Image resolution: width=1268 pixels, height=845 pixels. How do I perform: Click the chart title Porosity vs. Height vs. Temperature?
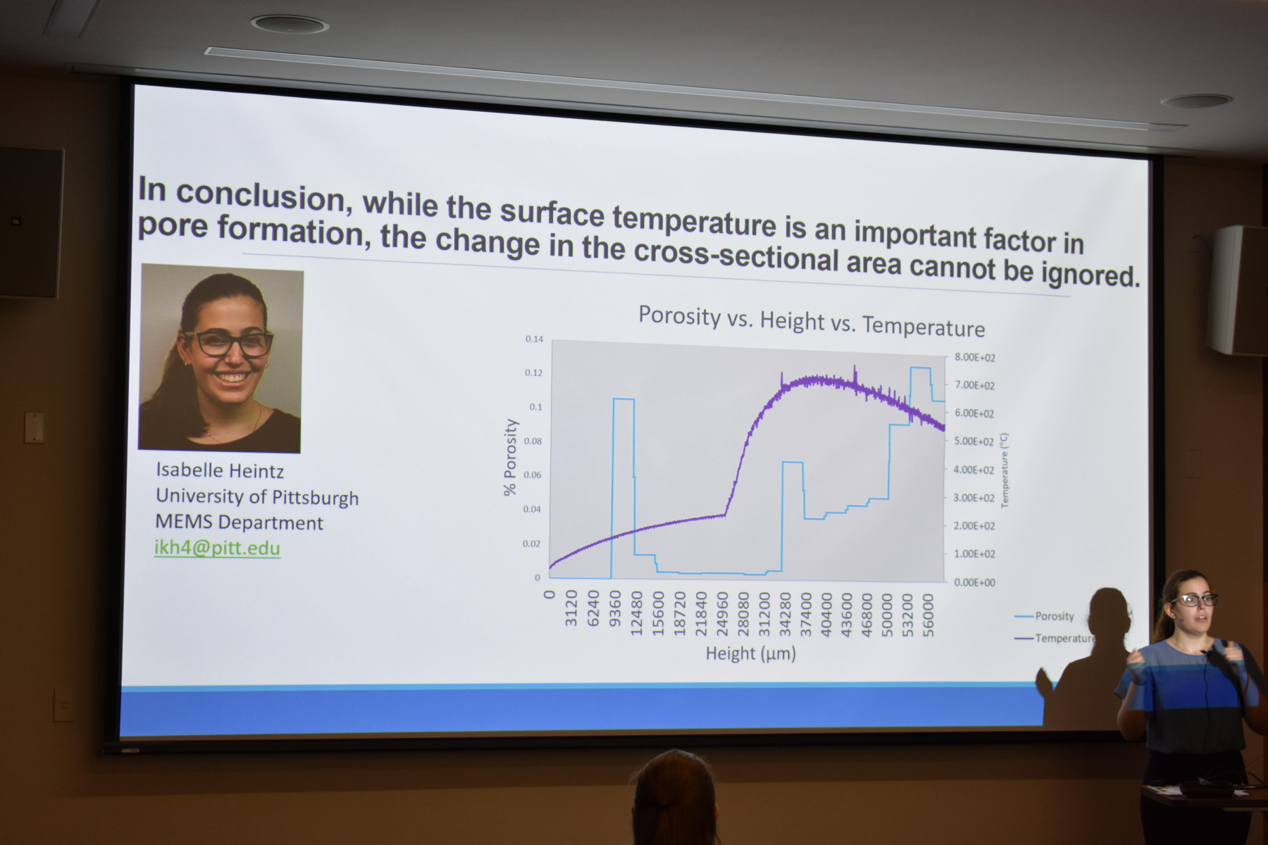pyautogui.click(x=812, y=321)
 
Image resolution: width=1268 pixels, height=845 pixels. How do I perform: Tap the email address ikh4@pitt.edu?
pyautogui.click(x=218, y=548)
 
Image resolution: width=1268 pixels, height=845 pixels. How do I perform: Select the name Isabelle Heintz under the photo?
pyautogui.click(x=220, y=470)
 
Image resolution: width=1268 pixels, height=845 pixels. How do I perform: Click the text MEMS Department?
pyautogui.click(x=240, y=522)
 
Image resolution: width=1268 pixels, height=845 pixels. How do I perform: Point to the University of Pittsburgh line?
pyautogui.click(x=257, y=496)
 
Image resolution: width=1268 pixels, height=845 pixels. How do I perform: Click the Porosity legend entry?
pyautogui.click(x=1045, y=616)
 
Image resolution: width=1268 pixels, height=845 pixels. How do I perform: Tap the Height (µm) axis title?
pyautogui.click(x=751, y=653)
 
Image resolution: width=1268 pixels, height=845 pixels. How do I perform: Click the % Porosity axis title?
pyautogui.click(x=511, y=458)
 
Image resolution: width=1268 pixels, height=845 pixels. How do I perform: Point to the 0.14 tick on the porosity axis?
pyautogui.click(x=534, y=339)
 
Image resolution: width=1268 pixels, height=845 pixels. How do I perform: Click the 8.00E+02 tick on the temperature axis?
pyautogui.click(x=975, y=358)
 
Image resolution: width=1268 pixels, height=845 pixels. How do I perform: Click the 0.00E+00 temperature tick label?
pyautogui.click(x=974, y=582)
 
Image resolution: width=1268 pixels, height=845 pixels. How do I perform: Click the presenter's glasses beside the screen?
pyautogui.click(x=1194, y=600)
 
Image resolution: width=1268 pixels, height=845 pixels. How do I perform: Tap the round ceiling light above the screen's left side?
pyautogui.click(x=290, y=24)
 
